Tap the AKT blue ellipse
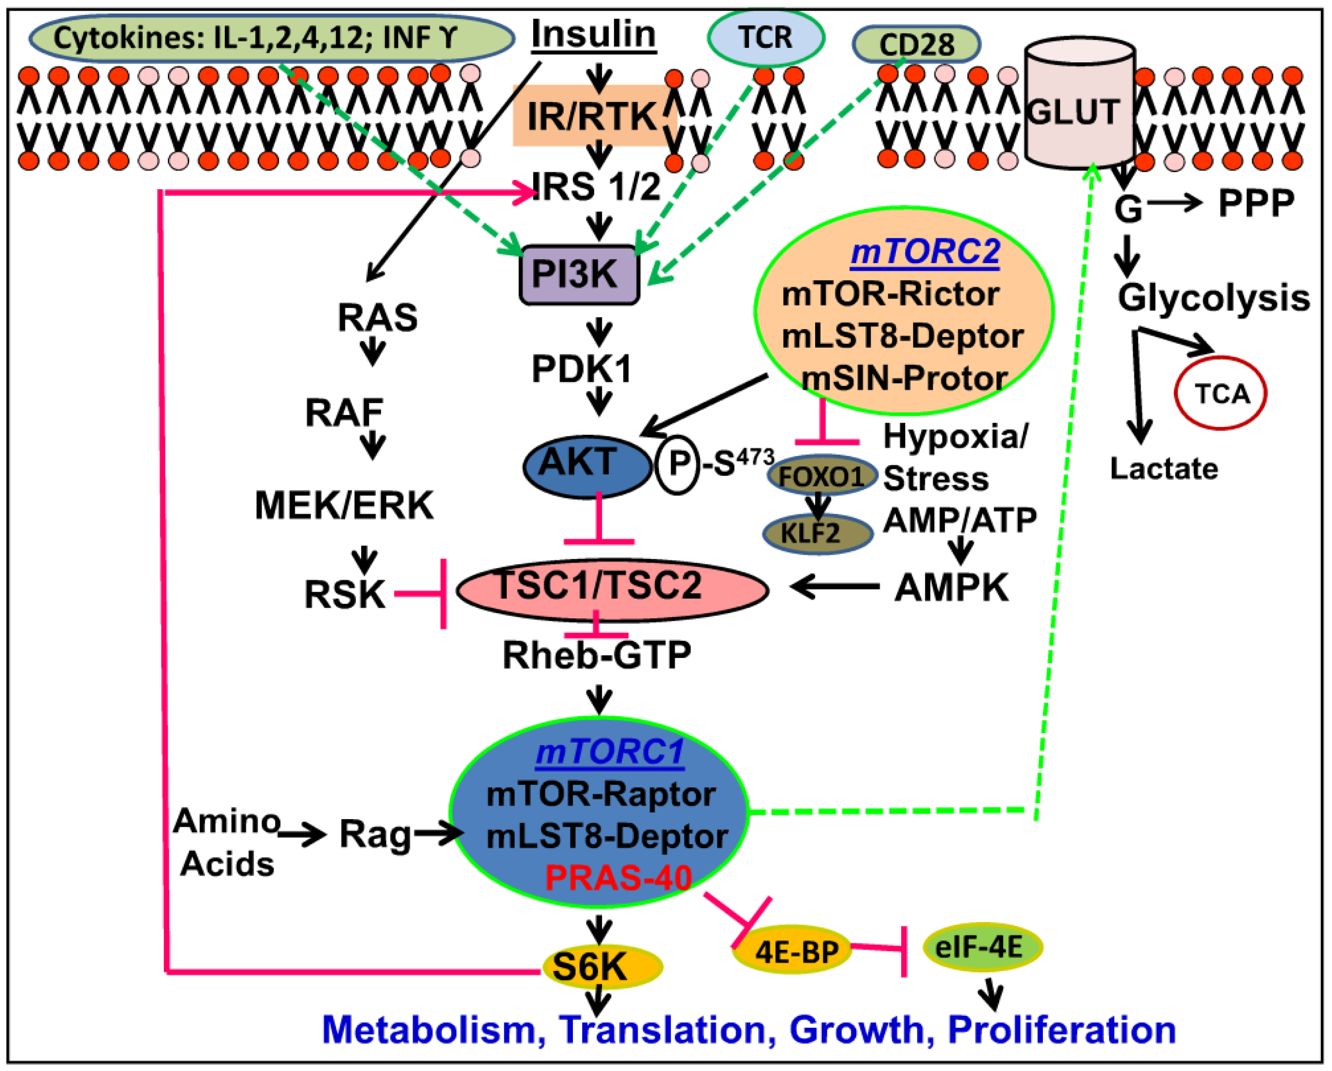coord(586,466)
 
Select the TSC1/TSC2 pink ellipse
coord(612,589)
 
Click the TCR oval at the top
coord(765,38)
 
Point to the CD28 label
coord(916,44)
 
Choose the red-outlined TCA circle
coord(1220,394)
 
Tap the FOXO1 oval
coord(821,476)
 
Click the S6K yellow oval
coord(601,967)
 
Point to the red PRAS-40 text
coord(618,878)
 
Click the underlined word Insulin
coord(593,34)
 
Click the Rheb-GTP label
coord(596,655)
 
